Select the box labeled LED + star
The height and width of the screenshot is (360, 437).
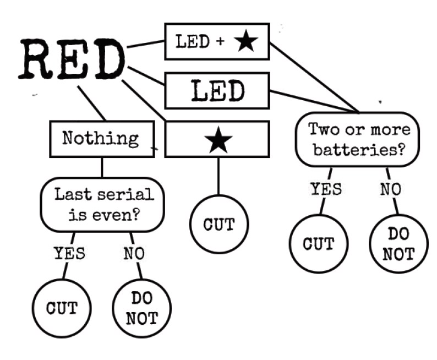click(x=217, y=41)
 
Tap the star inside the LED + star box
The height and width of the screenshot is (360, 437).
click(x=245, y=42)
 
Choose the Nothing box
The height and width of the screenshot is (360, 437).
click(x=101, y=138)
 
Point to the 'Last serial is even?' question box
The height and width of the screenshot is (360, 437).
click(x=103, y=204)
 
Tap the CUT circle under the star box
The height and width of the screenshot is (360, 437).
click(x=219, y=225)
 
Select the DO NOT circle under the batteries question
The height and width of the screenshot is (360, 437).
click(x=398, y=243)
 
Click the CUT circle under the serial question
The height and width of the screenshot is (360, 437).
click(x=61, y=308)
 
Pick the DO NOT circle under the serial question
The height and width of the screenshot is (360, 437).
click(x=141, y=308)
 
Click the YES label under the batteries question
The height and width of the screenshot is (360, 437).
click(x=325, y=189)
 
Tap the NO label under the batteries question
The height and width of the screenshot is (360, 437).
click(x=390, y=189)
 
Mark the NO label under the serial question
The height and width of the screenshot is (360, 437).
click(x=134, y=254)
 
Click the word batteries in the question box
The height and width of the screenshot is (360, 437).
click(x=361, y=149)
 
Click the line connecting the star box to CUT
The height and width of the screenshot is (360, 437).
click(x=218, y=176)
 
